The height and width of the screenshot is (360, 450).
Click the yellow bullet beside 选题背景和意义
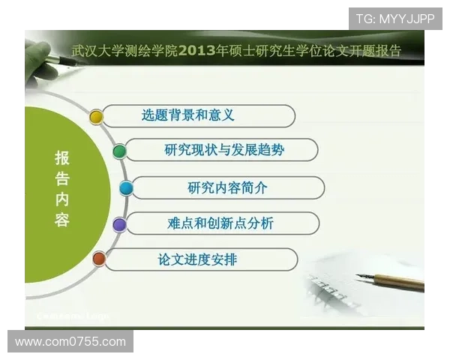96,116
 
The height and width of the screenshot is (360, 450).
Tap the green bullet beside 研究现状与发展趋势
118,151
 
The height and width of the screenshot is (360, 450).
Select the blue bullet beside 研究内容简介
126,187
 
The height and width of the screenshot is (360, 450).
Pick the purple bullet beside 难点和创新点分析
119,223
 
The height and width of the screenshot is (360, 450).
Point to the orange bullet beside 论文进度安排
98,259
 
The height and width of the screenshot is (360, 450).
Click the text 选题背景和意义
187,115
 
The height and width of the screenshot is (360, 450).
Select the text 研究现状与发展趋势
224,150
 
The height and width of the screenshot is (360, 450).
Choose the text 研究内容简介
227,187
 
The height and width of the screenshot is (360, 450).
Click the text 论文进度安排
197,259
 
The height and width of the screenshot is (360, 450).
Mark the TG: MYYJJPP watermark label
394,19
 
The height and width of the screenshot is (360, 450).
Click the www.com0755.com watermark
70,341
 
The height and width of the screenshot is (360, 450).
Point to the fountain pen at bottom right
390,281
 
